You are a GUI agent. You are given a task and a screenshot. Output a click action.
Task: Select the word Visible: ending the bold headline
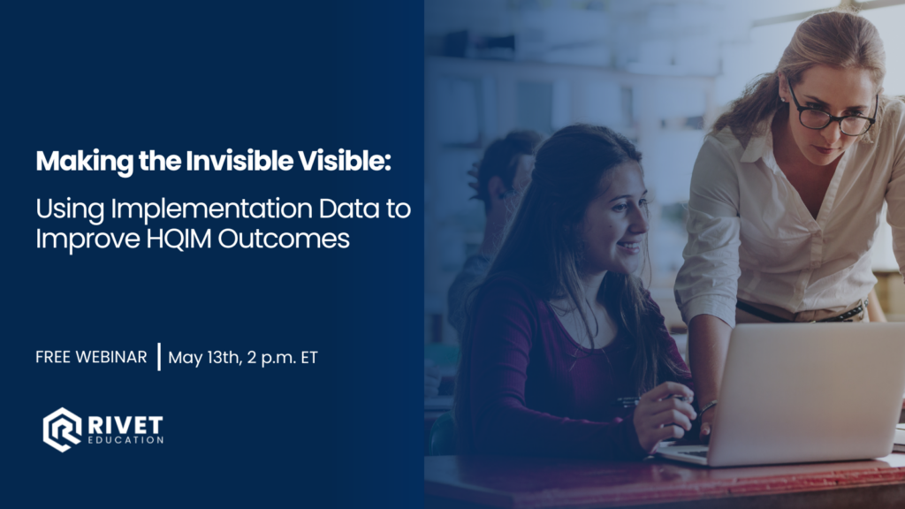click(x=345, y=161)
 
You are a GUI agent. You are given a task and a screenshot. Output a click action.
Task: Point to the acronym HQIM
click(x=179, y=239)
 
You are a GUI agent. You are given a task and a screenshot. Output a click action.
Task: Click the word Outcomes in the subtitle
click(x=284, y=239)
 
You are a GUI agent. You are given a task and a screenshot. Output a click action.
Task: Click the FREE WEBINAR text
click(x=91, y=357)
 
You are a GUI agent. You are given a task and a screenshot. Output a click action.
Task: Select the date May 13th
click(x=204, y=358)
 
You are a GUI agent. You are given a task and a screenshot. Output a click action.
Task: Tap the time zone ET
click(x=309, y=358)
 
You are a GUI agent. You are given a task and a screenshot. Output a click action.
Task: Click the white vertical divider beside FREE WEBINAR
click(x=159, y=357)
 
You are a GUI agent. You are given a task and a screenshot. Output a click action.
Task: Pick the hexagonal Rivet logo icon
click(x=62, y=429)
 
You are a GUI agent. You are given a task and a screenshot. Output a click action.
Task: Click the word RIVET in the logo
click(x=125, y=425)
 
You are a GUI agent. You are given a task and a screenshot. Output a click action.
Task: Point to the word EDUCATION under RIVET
click(x=125, y=440)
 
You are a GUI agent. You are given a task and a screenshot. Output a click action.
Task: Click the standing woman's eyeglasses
click(x=833, y=112)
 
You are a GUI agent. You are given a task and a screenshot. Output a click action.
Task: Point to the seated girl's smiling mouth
click(x=629, y=247)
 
